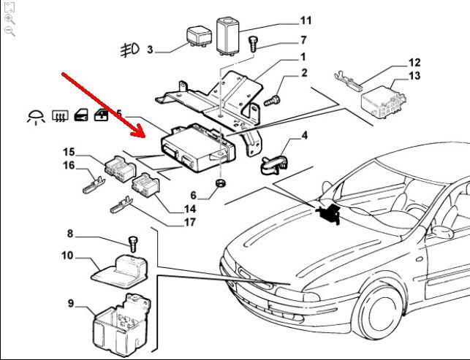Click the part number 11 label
point(306,20)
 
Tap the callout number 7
point(303,40)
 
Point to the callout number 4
point(304,135)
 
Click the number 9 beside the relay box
point(71,303)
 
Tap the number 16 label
point(69,166)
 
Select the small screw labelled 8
point(134,242)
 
